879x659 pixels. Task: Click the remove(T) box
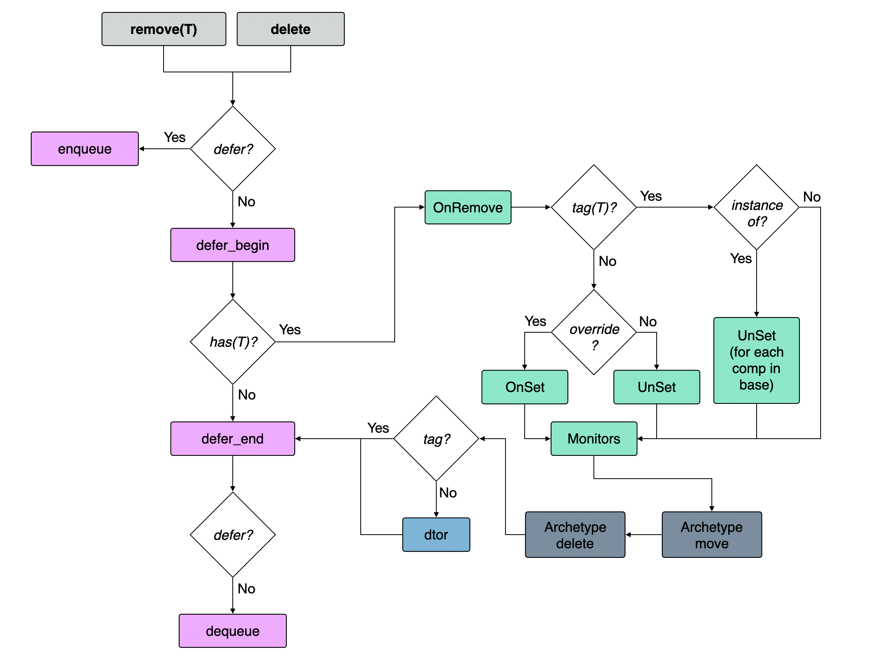click(x=164, y=29)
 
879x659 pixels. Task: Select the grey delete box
click(x=290, y=29)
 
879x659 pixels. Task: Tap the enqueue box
click(x=85, y=149)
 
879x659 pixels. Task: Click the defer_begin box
click(x=232, y=245)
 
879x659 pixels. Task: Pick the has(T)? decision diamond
click(x=233, y=342)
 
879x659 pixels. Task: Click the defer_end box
click(x=232, y=439)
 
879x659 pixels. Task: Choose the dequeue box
click(x=232, y=631)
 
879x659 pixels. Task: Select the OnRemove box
click(x=467, y=208)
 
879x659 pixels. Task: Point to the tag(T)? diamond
click(x=594, y=208)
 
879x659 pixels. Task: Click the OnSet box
click(x=525, y=387)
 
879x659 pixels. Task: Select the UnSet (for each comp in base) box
click(x=756, y=360)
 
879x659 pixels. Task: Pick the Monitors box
click(x=594, y=439)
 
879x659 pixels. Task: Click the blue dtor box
click(x=436, y=535)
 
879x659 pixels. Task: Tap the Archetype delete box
click(x=575, y=535)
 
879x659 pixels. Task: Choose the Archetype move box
click(x=711, y=535)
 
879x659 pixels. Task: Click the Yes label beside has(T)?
click(x=290, y=329)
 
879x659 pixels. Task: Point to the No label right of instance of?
click(x=811, y=197)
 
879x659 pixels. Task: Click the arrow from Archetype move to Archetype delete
click(x=643, y=535)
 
